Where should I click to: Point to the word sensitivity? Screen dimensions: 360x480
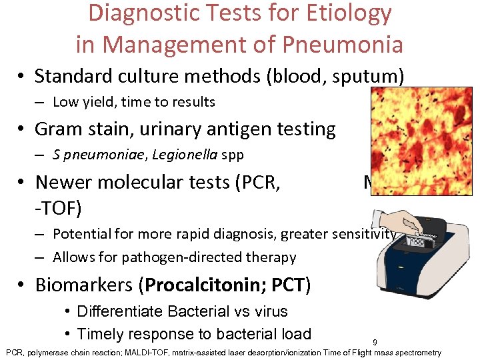click(360, 233)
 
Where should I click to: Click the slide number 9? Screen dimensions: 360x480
click(375, 343)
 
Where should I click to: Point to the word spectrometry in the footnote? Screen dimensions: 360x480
click(418, 352)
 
